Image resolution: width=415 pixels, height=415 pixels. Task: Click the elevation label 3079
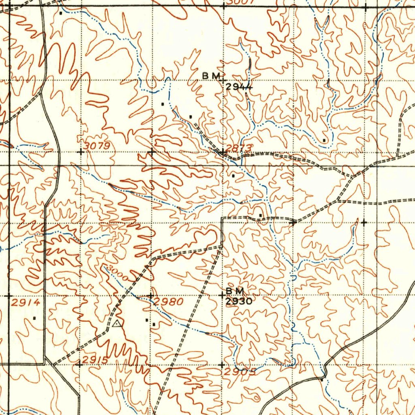pyautogui.click(x=98, y=145)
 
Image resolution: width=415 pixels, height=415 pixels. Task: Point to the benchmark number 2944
pyautogui.click(x=239, y=86)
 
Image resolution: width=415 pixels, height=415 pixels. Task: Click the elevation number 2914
pyautogui.click(x=26, y=302)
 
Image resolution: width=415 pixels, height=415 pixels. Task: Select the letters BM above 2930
pyautogui.click(x=235, y=291)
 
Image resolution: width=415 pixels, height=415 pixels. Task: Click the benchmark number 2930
pyautogui.click(x=239, y=301)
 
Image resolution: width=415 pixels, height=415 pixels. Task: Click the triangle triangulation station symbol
pyautogui.click(x=117, y=323)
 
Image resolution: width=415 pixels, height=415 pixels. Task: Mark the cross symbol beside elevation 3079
pyautogui.click(x=81, y=152)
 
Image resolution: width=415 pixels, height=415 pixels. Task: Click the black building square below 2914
pyautogui.click(x=34, y=318)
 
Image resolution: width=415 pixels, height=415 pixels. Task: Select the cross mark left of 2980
pyautogui.click(x=151, y=295)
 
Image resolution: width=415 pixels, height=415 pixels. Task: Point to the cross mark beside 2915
pyautogui.click(x=80, y=365)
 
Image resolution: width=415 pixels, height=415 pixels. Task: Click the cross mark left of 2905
pyautogui.click(x=222, y=365)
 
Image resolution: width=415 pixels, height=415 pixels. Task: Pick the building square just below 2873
pyautogui.click(x=233, y=176)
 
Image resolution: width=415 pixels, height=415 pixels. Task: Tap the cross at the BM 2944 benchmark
pyautogui.click(x=222, y=81)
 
